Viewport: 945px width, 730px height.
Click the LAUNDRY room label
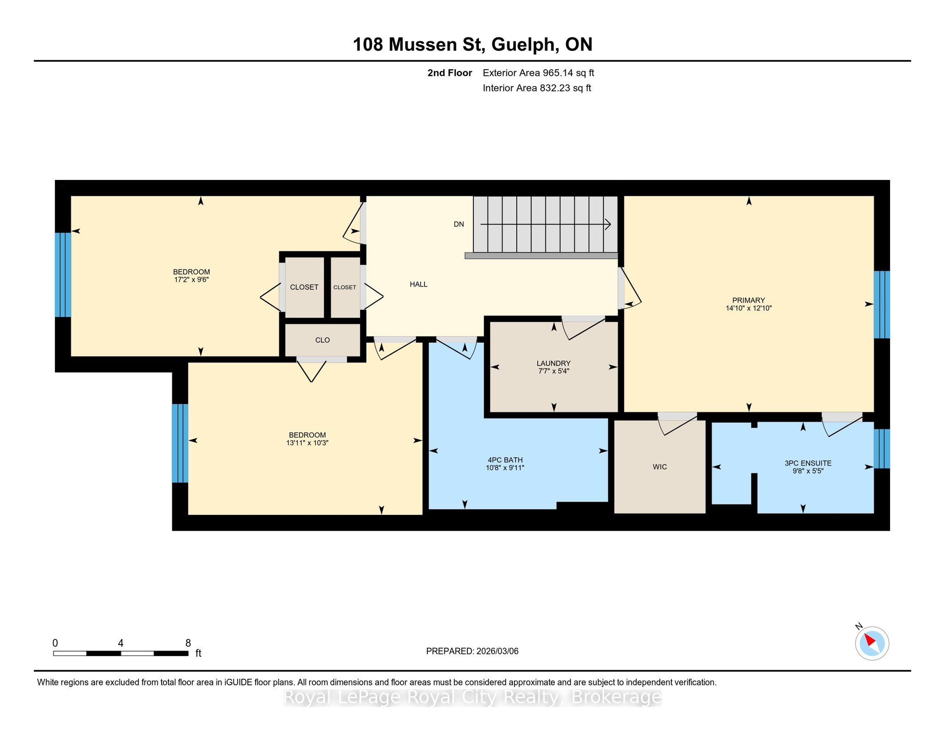point(553,363)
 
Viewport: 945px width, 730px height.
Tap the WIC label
point(659,467)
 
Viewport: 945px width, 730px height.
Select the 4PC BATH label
point(505,460)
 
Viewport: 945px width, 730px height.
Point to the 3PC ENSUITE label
point(808,463)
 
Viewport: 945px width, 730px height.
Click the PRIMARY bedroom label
point(748,300)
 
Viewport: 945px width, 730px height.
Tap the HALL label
point(419,284)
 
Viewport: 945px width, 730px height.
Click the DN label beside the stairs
point(459,224)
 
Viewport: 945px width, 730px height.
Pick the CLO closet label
point(323,340)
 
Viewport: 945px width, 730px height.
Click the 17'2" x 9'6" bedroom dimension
point(191,280)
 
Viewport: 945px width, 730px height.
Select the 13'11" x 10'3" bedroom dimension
point(307,443)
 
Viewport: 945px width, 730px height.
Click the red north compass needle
point(870,640)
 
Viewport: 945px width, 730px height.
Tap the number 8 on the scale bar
point(188,643)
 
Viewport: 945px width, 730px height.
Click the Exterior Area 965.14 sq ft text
point(538,73)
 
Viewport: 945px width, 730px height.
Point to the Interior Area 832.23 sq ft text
point(537,88)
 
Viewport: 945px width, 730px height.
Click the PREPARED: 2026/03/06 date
point(472,651)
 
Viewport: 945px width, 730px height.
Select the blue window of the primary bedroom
point(882,305)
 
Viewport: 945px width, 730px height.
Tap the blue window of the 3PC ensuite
point(882,449)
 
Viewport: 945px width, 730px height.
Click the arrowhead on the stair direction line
point(608,225)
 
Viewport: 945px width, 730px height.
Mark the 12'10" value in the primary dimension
point(762,308)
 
